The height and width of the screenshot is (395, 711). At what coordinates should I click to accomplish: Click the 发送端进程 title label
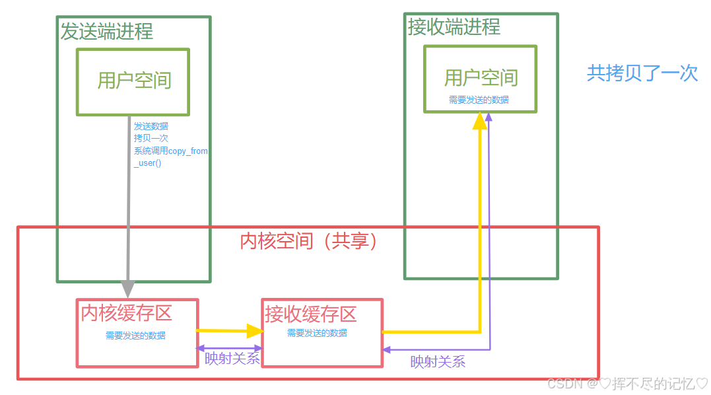click(x=106, y=31)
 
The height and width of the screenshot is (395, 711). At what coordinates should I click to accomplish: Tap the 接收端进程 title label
click(x=454, y=26)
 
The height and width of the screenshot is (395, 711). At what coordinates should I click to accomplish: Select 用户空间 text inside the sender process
click(x=134, y=81)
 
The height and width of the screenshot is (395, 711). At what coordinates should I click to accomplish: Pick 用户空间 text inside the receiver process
click(x=481, y=78)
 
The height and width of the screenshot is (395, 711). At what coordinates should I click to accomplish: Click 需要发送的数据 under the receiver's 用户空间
click(x=479, y=100)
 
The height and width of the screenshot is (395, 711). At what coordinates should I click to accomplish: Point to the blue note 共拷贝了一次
click(x=642, y=73)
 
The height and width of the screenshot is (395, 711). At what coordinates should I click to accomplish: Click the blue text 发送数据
click(x=151, y=126)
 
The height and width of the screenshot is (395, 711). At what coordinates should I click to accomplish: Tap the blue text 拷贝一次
click(x=151, y=138)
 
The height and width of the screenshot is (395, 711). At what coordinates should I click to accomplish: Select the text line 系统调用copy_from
click(x=170, y=151)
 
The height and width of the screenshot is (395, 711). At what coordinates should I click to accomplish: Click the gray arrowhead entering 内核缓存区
click(x=128, y=289)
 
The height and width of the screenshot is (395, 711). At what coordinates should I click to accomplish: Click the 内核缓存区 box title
click(x=126, y=313)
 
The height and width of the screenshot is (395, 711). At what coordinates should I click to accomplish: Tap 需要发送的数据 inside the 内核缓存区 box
click(x=135, y=336)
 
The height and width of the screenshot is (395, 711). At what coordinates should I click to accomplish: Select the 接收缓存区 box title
click(x=310, y=314)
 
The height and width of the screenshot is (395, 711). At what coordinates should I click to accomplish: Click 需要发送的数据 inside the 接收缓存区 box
click(x=317, y=333)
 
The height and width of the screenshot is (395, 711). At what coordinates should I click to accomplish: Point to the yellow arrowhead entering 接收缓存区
click(x=254, y=331)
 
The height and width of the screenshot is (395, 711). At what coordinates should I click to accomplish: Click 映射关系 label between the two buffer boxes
click(x=232, y=359)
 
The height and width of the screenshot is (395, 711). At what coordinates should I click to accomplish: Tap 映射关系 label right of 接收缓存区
click(x=438, y=361)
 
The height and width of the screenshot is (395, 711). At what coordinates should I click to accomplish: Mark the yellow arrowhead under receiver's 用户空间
click(x=480, y=121)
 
